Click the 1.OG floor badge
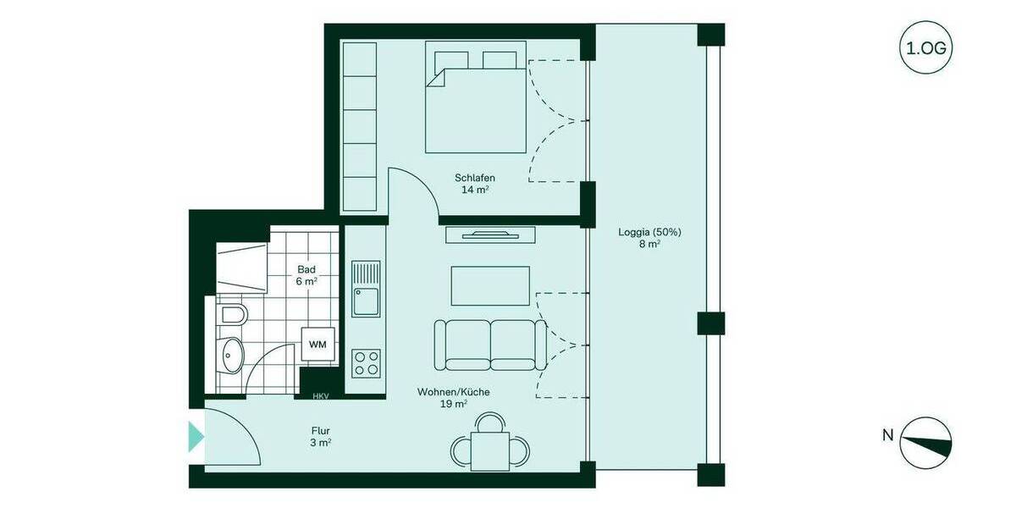[925, 48]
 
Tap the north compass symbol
[925, 443]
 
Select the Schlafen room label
[474, 184]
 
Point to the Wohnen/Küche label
[453, 398]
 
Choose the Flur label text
[319, 436]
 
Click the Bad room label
[306, 275]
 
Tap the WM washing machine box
[317, 344]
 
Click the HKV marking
[320, 395]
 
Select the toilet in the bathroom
[230, 316]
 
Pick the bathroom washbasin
[230, 355]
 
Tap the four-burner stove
[367, 363]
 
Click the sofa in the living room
[489, 345]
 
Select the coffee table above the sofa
[490, 285]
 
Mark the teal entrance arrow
[196, 436]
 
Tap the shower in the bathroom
[241, 268]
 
